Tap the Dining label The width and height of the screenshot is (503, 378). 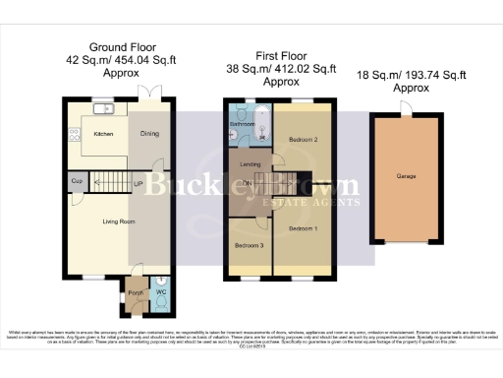coord(148,133)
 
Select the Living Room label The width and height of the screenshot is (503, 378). coord(118,220)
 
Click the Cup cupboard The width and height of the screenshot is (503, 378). coord(76,182)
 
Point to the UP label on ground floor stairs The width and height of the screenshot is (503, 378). coord(139,183)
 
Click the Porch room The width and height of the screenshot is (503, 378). coord(136,292)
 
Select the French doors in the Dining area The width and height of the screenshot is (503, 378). coord(148,93)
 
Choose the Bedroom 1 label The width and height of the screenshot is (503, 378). coord(303,227)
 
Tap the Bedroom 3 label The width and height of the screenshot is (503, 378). coord(249,245)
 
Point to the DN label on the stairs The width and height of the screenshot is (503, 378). coord(248,183)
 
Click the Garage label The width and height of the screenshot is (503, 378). coord(406,176)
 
